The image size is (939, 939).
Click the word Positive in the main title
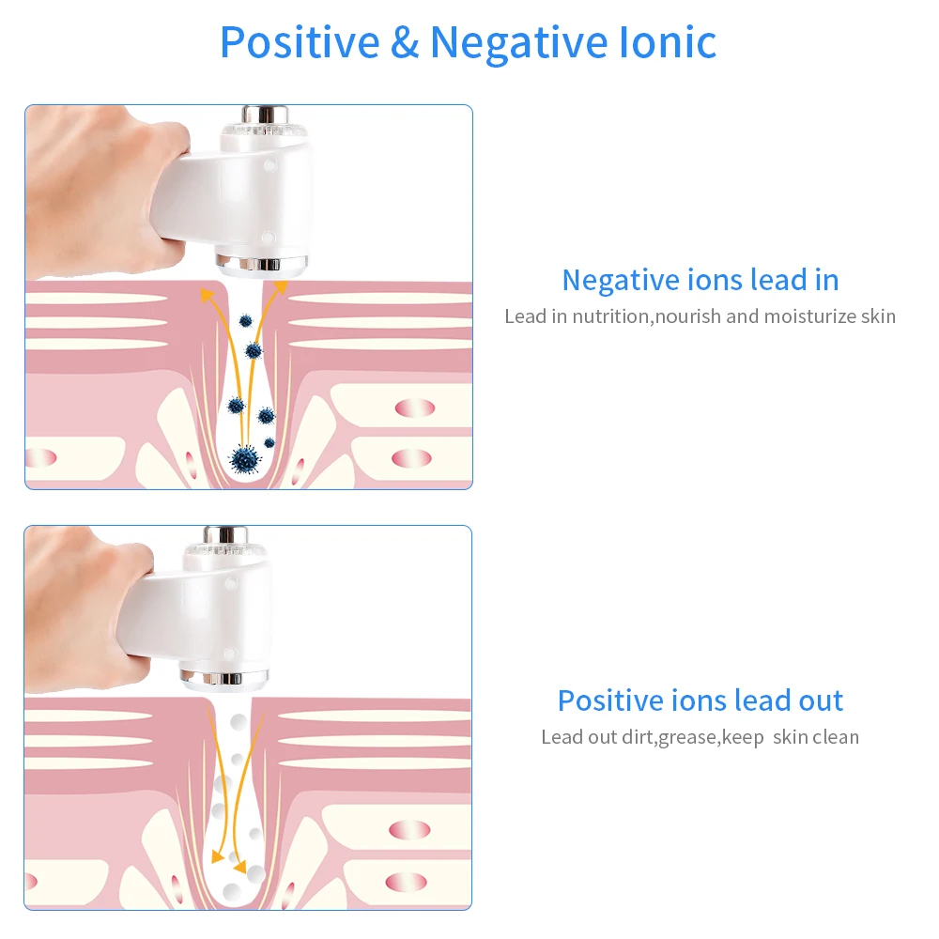click(300, 42)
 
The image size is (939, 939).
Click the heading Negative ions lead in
click(700, 280)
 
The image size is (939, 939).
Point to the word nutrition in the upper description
click(610, 316)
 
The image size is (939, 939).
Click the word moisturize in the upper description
click(809, 316)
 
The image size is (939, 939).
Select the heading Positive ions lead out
click(700, 700)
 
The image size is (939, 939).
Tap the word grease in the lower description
click(687, 738)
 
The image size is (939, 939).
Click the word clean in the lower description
click(836, 737)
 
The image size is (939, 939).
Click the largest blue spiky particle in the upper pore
click(245, 458)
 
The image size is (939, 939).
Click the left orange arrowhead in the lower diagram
click(218, 855)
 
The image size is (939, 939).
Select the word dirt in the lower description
click(636, 737)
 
